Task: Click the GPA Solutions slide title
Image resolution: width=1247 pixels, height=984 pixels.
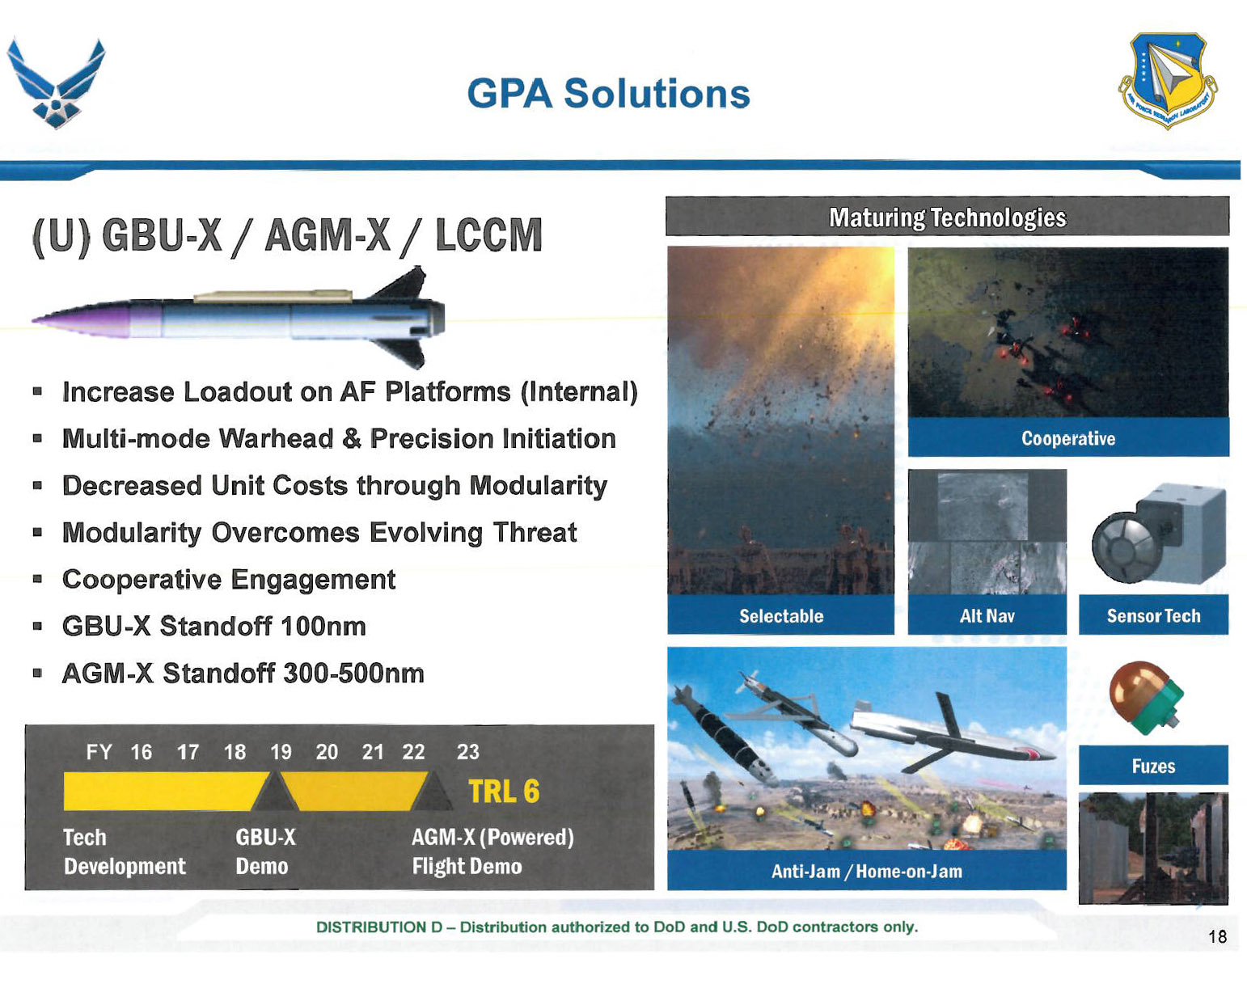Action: [608, 93]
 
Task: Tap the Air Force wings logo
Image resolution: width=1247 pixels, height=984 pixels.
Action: [57, 82]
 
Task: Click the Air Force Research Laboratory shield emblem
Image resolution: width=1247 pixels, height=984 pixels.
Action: [1167, 80]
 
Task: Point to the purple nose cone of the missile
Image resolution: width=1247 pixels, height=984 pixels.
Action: [81, 319]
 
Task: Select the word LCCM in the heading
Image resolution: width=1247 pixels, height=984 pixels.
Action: [488, 235]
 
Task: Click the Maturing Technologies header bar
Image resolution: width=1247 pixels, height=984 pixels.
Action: [948, 217]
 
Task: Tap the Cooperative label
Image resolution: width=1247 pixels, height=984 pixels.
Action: [1068, 438]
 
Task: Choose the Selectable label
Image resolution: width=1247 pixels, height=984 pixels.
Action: [781, 615]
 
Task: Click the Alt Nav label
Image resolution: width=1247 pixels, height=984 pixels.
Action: [987, 615]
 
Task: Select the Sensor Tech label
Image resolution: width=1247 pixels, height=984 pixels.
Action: [1153, 615]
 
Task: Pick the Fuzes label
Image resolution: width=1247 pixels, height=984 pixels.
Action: [1153, 767]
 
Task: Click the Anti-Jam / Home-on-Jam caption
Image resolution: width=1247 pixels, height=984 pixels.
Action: [866, 871]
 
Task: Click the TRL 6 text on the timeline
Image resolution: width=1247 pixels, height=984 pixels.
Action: [504, 792]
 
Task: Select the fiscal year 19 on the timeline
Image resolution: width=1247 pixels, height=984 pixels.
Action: [281, 752]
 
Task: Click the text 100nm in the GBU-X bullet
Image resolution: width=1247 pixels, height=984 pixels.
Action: [323, 626]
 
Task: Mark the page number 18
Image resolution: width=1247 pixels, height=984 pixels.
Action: [1217, 937]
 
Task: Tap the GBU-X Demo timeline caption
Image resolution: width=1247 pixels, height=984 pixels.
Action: [265, 851]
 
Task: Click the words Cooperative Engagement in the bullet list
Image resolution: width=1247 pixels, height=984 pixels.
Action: [229, 580]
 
